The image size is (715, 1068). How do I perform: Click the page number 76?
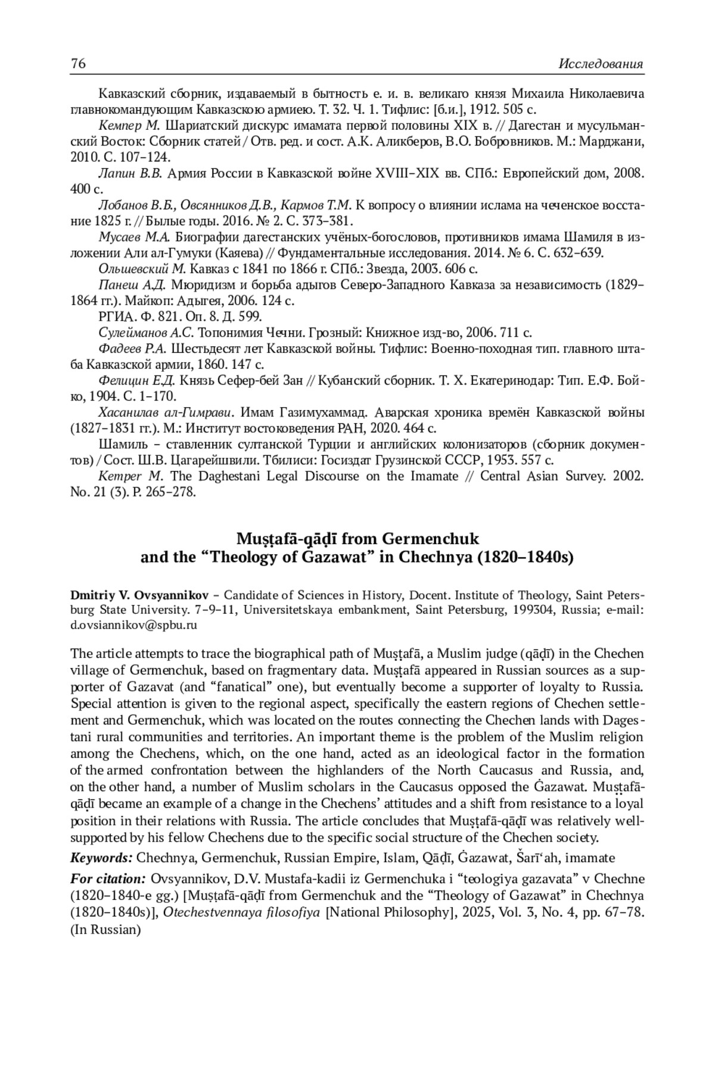click(x=78, y=64)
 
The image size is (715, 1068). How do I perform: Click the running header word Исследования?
click(x=601, y=64)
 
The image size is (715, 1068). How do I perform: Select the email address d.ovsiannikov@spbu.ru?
click(x=133, y=625)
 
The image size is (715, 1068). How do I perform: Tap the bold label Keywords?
click(x=101, y=858)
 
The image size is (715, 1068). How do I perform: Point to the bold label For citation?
click(x=108, y=878)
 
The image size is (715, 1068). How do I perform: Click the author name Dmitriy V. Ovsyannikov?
click(x=139, y=595)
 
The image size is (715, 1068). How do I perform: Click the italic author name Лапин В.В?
click(x=130, y=173)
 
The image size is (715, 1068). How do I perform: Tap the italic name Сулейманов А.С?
click(x=146, y=333)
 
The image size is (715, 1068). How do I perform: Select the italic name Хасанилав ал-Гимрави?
click(x=165, y=412)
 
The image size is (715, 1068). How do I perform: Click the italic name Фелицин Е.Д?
click(x=136, y=380)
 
